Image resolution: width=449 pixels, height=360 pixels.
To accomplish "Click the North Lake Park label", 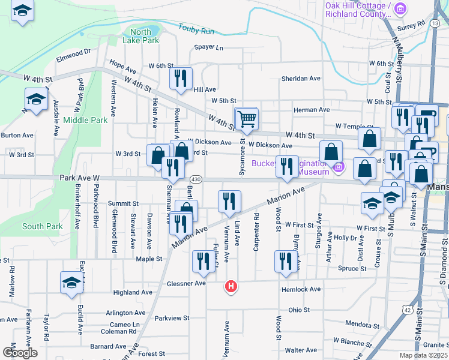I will tap(140, 36).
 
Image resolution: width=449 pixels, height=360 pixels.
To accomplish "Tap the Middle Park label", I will tap(85, 120).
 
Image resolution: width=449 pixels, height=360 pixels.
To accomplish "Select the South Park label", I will tap(42, 226).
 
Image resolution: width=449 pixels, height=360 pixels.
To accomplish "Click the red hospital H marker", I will tap(231, 287).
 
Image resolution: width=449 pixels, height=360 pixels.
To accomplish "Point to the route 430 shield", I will tap(196, 180).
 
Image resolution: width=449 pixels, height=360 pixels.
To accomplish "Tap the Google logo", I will tap(20, 352).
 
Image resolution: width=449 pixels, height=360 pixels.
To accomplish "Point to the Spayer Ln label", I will tap(208, 47).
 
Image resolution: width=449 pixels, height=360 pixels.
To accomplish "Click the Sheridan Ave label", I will tap(301, 79).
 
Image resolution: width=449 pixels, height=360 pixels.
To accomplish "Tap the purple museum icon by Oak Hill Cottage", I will tap(401, 9).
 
